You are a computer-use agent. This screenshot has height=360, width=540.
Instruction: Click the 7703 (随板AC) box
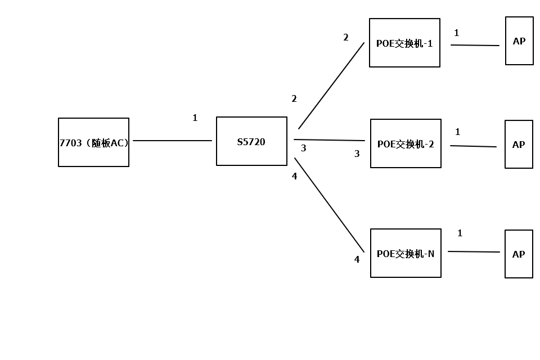point(93,142)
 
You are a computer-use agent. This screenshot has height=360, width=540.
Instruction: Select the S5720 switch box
point(251,141)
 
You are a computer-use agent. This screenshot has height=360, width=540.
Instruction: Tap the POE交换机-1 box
point(404,43)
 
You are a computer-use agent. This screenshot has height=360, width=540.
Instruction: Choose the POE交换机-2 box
point(406,143)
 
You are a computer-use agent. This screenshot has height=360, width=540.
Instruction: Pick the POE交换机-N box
point(406,253)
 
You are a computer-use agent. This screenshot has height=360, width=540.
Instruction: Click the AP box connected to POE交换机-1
point(519,40)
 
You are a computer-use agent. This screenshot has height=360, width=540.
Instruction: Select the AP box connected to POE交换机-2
point(519,144)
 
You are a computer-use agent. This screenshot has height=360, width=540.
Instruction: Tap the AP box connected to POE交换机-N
point(519,254)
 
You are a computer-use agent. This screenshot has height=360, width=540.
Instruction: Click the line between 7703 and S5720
point(172,141)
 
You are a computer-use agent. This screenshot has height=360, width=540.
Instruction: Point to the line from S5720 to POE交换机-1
point(331,85)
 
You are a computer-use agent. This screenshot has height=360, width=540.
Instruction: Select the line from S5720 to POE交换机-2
point(329,140)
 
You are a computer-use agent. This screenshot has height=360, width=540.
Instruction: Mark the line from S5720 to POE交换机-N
point(329,205)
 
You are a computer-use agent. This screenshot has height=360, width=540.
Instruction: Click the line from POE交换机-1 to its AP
point(475,45)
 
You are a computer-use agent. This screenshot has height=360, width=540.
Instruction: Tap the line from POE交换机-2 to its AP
point(473,146)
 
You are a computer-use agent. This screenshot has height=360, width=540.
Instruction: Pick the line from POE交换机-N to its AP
point(474,251)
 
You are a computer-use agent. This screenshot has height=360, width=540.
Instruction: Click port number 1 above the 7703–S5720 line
point(195,118)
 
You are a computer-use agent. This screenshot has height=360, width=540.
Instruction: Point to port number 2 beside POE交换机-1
point(346,38)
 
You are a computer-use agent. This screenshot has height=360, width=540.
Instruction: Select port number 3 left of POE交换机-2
point(357,154)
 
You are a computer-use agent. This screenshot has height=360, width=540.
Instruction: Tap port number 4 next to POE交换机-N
point(357,259)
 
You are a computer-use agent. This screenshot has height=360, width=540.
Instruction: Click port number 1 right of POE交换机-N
point(460,233)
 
